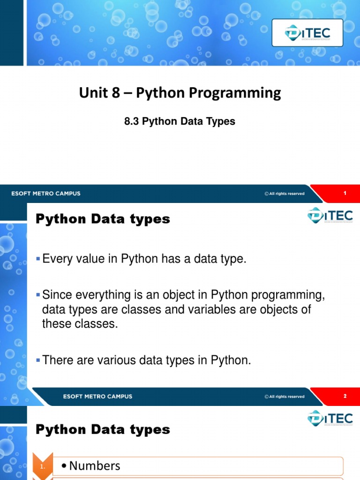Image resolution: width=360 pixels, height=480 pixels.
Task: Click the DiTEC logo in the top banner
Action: pos(307,33)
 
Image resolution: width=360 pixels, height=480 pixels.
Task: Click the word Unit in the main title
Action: pos(93,93)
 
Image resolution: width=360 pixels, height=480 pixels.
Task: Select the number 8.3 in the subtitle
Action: pos(132,122)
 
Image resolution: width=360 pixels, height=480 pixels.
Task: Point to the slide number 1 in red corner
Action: pos(345,194)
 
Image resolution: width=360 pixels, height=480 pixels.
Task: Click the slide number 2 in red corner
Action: pos(345,396)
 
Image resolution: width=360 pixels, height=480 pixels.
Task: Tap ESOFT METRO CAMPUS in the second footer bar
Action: pos(97,397)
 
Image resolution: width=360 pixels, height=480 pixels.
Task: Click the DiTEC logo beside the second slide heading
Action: pos(330,216)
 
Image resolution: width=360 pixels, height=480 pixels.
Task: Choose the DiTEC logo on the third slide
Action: pos(330,418)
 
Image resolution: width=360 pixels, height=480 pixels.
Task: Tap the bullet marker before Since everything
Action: pos(39,295)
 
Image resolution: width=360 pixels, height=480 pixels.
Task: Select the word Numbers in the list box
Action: pos(94,466)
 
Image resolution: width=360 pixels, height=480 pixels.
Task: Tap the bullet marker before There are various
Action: pos(39,360)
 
